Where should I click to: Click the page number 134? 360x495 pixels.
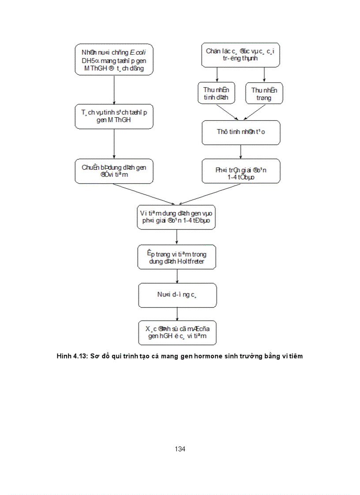[x=180, y=449]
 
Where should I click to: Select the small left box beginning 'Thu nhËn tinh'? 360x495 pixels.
[x=216, y=93]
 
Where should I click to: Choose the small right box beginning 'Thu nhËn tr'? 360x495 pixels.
[x=264, y=93]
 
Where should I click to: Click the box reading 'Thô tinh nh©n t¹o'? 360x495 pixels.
[x=241, y=132]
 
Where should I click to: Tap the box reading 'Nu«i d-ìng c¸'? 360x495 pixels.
[x=177, y=295]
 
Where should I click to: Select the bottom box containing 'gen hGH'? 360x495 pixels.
[x=177, y=333]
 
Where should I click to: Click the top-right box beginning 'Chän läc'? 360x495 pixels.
[x=240, y=55]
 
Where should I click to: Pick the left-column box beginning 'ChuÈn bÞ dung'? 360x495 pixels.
[x=114, y=171]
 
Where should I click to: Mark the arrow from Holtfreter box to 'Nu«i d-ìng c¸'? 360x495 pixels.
[x=177, y=276]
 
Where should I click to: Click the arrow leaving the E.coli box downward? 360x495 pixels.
[x=114, y=89]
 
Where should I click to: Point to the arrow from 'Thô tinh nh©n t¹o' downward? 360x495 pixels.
[x=240, y=152]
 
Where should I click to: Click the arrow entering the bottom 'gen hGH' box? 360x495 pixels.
[x=177, y=314]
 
